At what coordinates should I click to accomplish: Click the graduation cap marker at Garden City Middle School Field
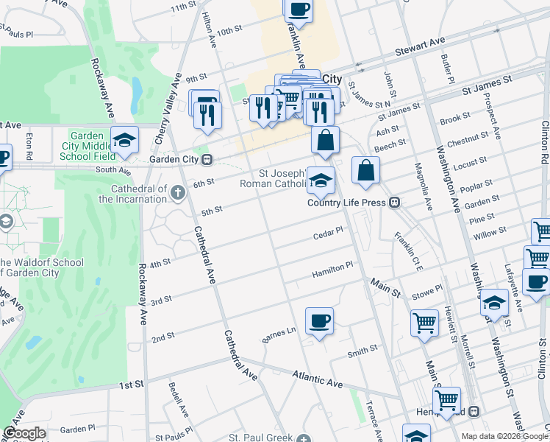(125, 140)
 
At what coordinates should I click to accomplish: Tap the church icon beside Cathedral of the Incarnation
(177, 193)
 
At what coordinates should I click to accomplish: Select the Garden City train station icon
(207, 159)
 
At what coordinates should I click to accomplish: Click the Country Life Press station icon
(395, 203)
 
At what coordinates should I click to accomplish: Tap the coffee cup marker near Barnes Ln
(319, 320)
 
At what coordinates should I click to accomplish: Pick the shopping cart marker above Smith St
(425, 323)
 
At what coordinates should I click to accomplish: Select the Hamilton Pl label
(333, 267)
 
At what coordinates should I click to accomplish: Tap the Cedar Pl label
(328, 232)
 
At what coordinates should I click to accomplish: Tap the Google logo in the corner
(24, 433)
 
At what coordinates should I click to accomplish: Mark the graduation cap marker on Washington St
(494, 303)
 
